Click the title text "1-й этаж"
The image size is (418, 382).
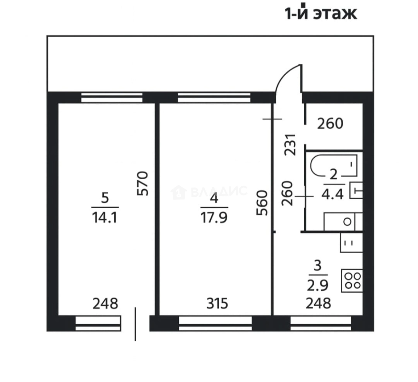321,13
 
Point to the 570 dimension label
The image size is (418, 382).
143,183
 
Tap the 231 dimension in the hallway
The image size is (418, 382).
290,144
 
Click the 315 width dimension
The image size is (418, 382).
217,303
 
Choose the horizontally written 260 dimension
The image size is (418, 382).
330,124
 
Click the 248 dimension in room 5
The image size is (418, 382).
105,303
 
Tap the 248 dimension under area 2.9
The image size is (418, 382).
319,303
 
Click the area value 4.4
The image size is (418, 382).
333,194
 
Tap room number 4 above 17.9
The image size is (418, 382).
214,198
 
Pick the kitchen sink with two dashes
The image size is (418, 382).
350,243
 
